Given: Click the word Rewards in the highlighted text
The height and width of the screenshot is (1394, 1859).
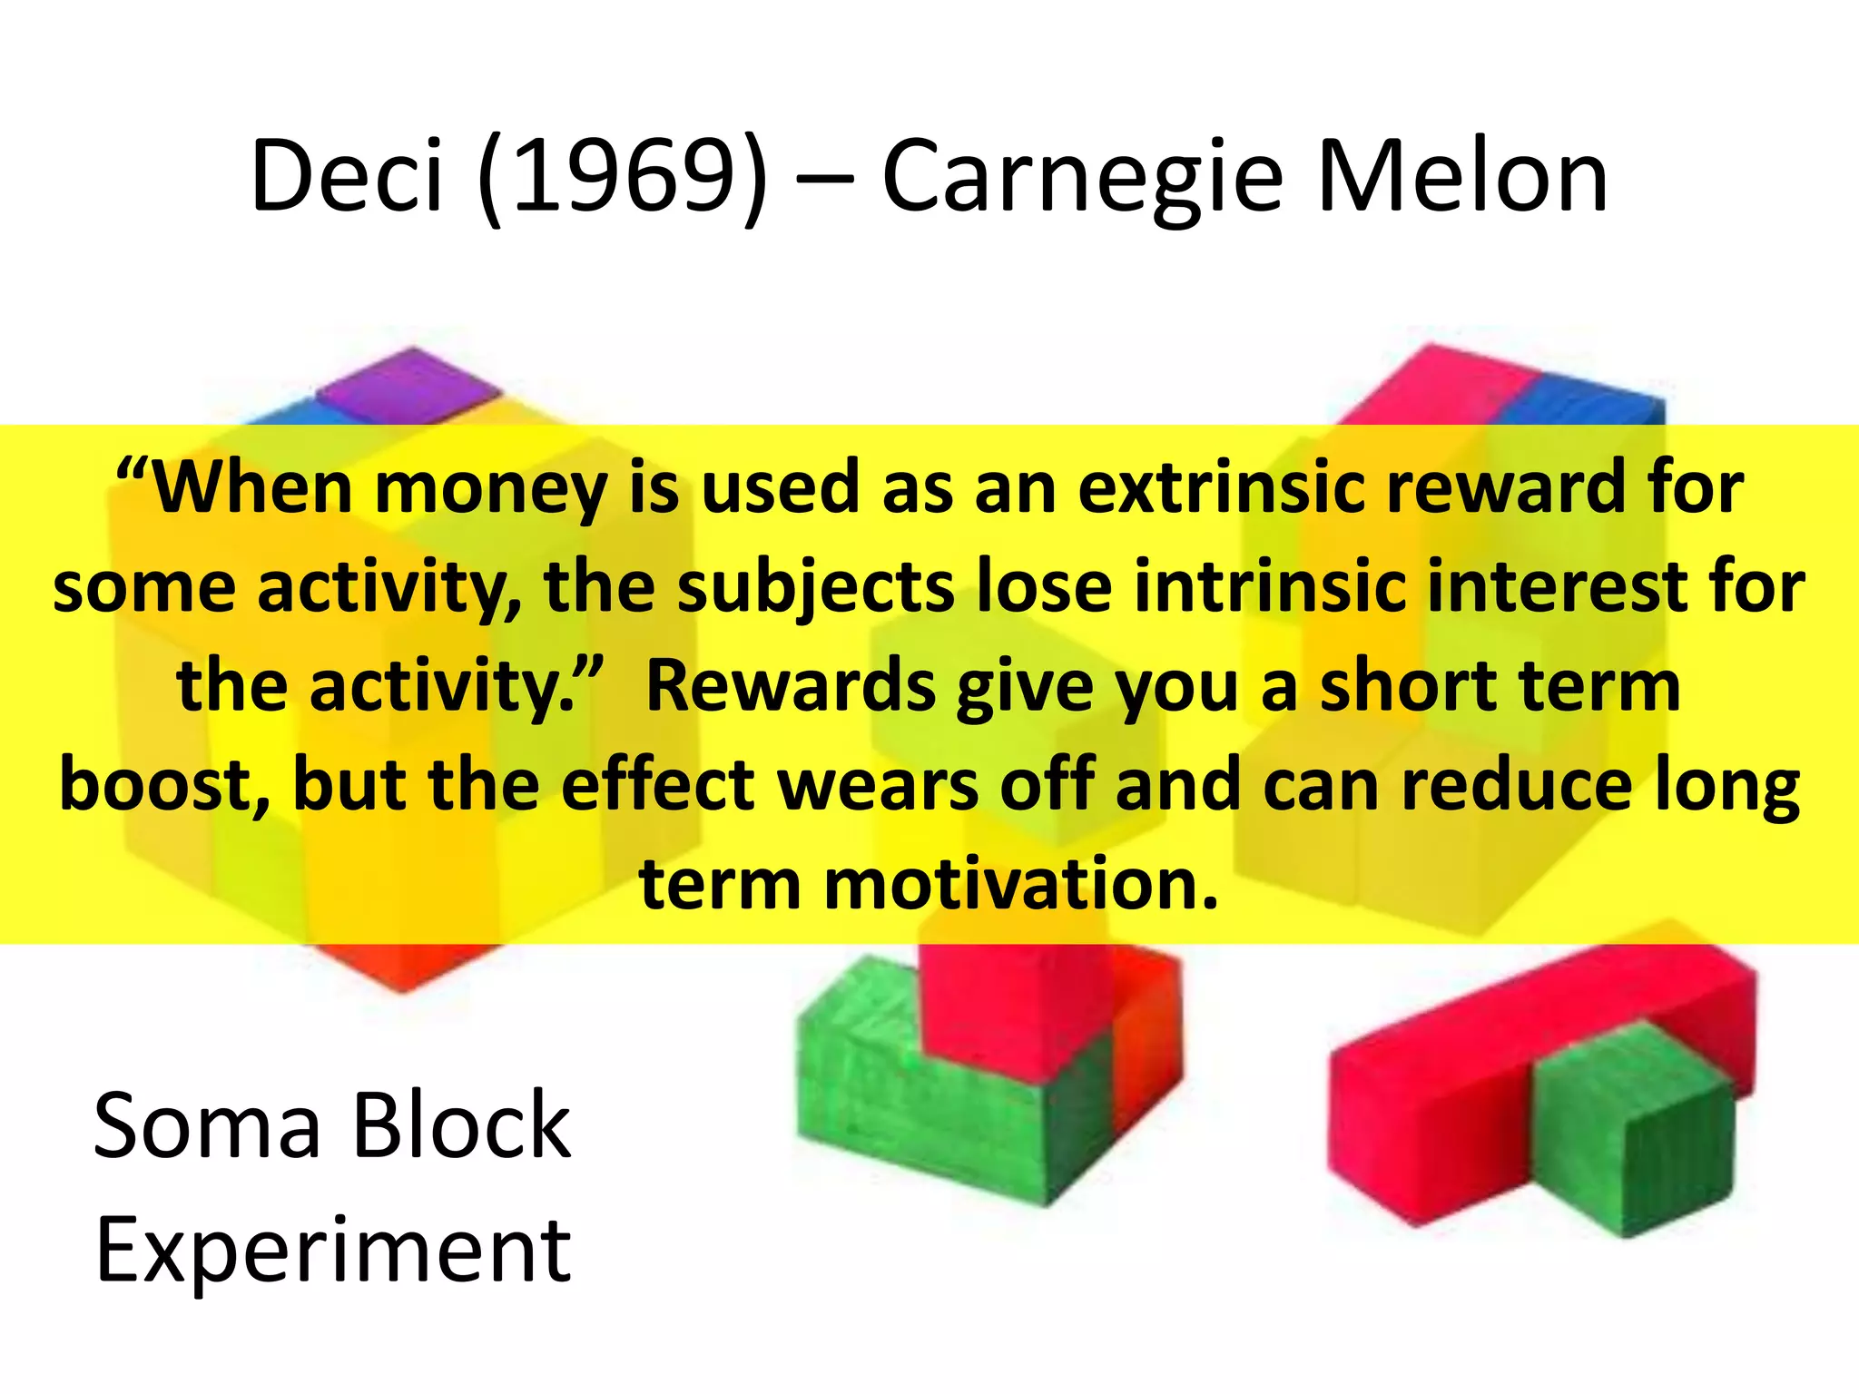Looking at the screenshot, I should [x=791, y=686].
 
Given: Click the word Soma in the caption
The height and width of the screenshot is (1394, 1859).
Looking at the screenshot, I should [x=208, y=1126].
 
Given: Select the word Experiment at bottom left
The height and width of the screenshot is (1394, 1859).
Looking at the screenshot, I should [x=333, y=1252].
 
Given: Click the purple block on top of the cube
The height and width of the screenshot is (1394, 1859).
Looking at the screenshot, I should [x=408, y=385].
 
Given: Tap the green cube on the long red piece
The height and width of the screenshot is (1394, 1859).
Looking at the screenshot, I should [x=1634, y=1125].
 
